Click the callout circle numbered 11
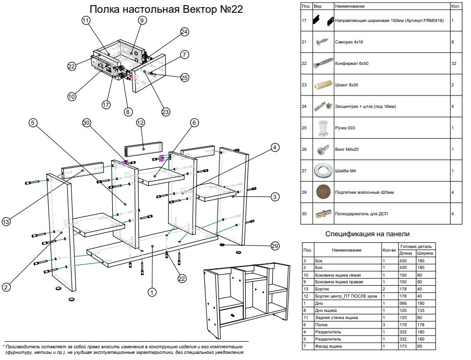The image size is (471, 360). point(85,20)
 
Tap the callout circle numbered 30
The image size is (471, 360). point(86,123)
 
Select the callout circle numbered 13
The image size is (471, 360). point(6,221)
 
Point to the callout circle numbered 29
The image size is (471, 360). point(274,246)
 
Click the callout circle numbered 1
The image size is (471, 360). point(151,292)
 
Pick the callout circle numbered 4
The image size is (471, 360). point(275,148)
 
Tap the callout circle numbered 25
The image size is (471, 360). point(184,78)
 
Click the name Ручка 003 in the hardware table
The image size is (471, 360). point(345,128)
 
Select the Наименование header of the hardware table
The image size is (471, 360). point(350,6)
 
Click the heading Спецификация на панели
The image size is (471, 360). point(367,234)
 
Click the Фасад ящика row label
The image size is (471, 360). point(332,347)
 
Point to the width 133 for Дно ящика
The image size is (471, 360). point(422,311)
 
